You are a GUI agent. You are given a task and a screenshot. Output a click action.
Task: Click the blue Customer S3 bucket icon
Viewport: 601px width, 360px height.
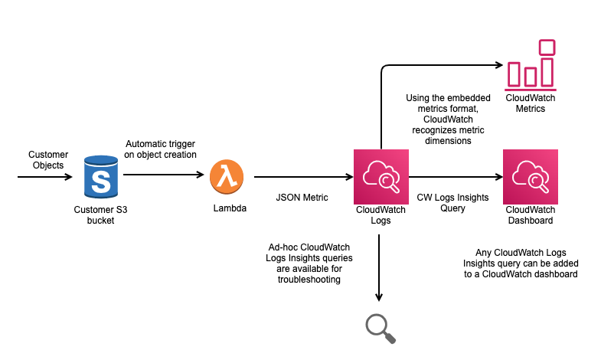pos(101,177)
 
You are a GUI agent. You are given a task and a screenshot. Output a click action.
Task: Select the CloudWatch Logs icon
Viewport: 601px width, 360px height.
pos(381,177)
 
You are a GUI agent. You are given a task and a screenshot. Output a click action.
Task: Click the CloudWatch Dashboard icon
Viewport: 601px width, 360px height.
pos(531,177)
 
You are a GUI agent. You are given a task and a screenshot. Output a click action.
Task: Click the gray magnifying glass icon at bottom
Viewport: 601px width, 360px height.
pos(381,326)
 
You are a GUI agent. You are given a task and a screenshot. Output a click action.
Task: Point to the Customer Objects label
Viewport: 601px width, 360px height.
pos(48,159)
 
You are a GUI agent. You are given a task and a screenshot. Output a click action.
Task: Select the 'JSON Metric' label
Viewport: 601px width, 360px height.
pos(302,198)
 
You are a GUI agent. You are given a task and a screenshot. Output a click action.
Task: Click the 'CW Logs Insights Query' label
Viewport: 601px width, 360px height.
pos(452,202)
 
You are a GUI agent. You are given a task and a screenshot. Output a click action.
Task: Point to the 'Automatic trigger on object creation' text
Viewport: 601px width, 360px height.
pos(161,149)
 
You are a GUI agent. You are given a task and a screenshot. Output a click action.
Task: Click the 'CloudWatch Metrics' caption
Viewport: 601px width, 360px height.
pos(531,103)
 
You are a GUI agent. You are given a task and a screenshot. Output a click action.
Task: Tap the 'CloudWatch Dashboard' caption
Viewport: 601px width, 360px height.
pos(531,214)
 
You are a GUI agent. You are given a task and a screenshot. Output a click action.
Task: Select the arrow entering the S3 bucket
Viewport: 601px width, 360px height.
pos(46,178)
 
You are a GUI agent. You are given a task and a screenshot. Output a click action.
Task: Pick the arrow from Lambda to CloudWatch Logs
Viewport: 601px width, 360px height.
pos(302,178)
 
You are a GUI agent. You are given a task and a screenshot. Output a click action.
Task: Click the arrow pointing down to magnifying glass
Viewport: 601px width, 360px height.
pos(380,268)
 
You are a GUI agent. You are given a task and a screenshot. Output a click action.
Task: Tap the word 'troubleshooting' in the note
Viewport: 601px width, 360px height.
pos(310,280)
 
